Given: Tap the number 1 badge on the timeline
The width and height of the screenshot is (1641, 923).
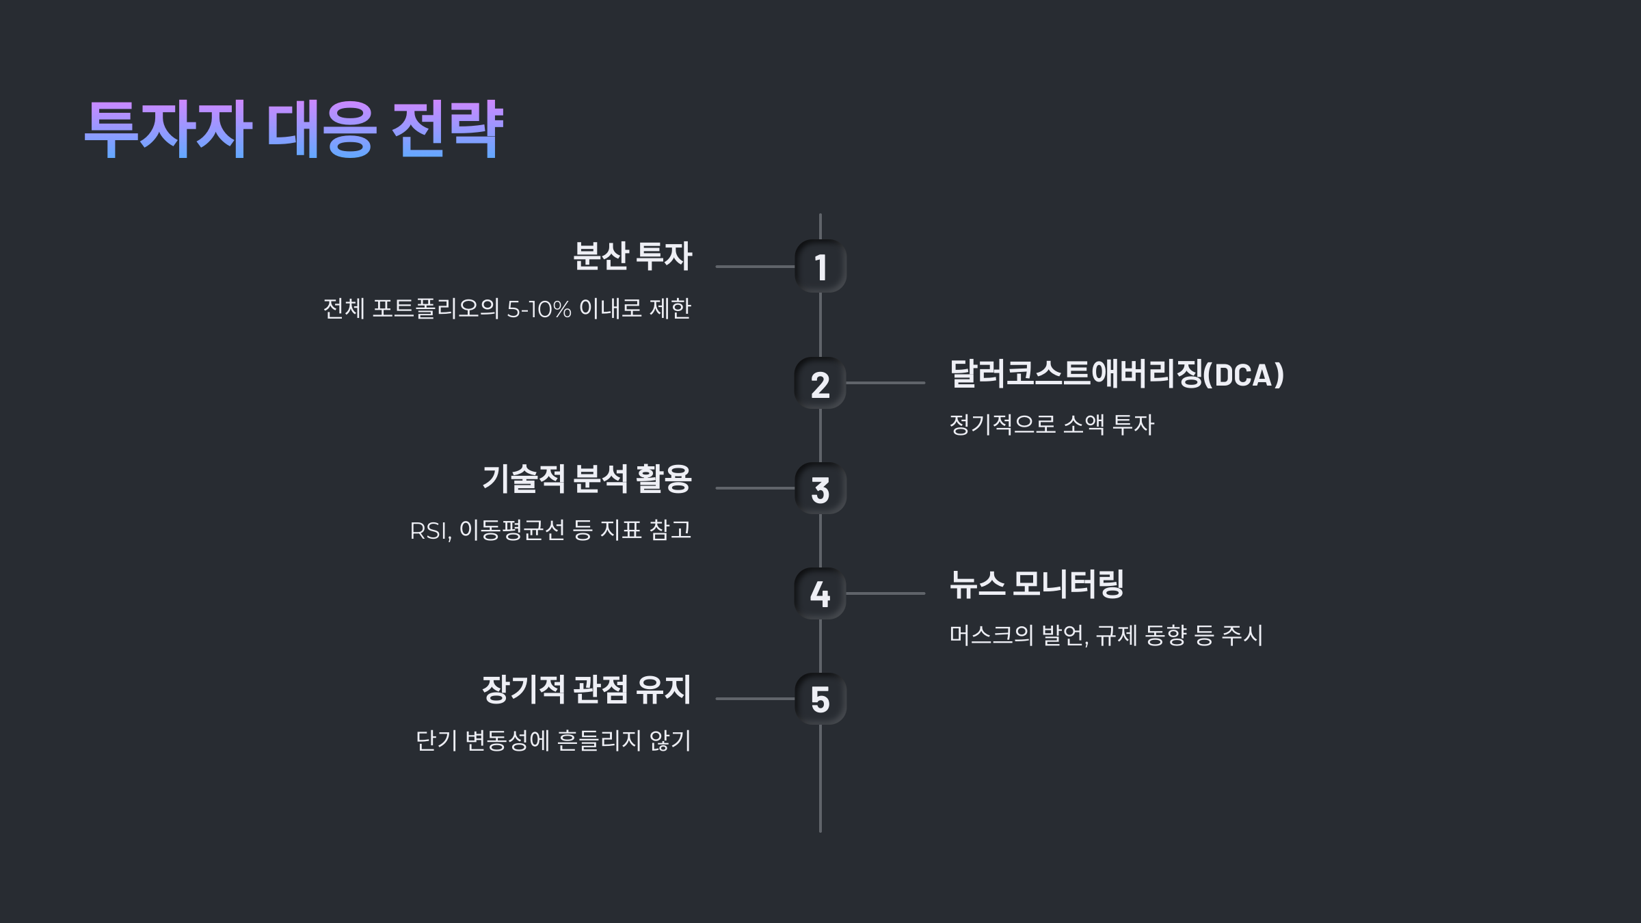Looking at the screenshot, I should pyautogui.click(x=820, y=267).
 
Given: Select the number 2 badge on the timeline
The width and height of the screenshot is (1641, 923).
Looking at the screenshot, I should pyautogui.click(x=820, y=384).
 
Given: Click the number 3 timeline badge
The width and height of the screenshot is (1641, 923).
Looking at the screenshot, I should pyautogui.click(x=820, y=489).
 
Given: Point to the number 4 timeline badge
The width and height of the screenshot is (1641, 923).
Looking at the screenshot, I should pyautogui.click(x=820, y=593).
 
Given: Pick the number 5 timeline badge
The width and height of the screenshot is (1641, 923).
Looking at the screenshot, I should pyautogui.click(x=820, y=699).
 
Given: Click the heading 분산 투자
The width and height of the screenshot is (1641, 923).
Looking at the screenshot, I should pyautogui.click(x=632, y=256).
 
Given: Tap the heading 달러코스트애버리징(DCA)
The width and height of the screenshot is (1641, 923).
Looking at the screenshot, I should pyautogui.click(x=1117, y=374).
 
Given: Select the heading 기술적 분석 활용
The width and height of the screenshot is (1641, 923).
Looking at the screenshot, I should pyautogui.click(x=587, y=479).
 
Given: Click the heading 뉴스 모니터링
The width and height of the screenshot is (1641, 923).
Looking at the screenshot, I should pyautogui.click(x=1037, y=585).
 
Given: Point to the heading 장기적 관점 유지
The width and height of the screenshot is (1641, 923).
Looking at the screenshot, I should pyautogui.click(x=587, y=689).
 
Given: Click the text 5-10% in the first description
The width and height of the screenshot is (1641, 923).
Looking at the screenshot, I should pyautogui.click(x=539, y=309).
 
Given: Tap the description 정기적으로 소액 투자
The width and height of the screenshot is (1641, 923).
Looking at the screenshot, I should pyautogui.click(x=1052, y=425).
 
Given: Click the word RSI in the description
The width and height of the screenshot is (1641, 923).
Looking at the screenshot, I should pyautogui.click(x=429, y=531).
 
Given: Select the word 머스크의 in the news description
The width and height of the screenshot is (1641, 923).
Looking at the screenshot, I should pyautogui.click(x=991, y=635).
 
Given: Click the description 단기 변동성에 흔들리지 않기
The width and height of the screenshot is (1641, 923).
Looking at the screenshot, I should pyautogui.click(x=553, y=740).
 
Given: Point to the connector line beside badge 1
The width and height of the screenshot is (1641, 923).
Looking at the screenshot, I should pyautogui.click(x=755, y=267).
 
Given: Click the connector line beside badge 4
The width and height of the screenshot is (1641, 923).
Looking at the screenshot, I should pyautogui.click(x=885, y=593).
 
